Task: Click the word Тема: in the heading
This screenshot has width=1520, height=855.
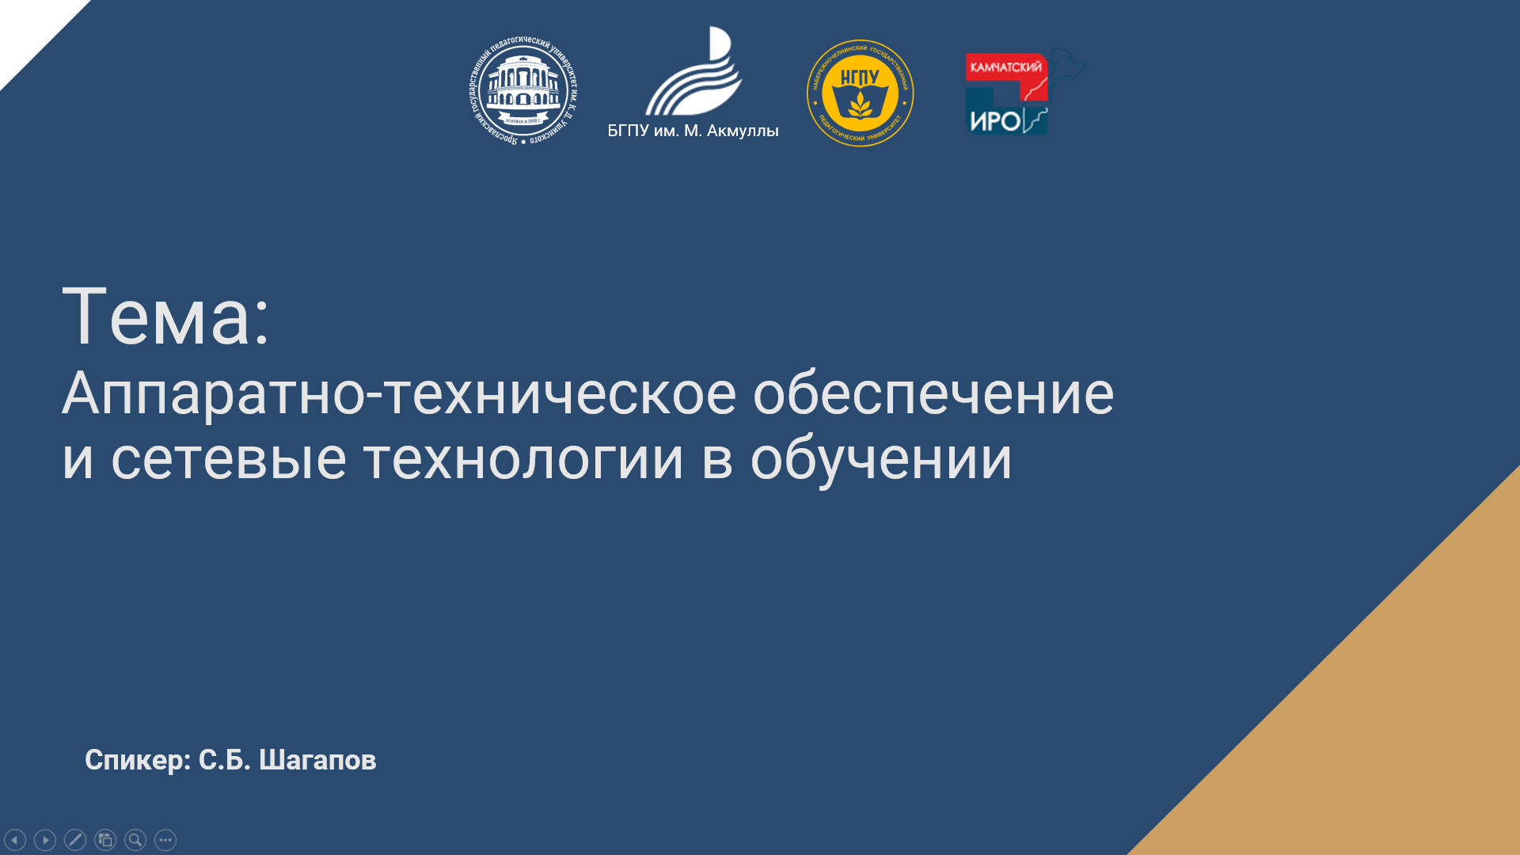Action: [x=166, y=317]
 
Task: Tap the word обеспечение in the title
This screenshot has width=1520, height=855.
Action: [x=933, y=393]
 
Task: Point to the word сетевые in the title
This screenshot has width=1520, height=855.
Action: [x=228, y=459]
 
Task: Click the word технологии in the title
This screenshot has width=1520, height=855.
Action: [x=522, y=459]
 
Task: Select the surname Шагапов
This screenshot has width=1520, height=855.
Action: [x=317, y=760]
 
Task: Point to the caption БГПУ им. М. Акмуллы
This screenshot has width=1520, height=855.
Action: [x=693, y=131]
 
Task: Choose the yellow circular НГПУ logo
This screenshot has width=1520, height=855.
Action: [x=860, y=93]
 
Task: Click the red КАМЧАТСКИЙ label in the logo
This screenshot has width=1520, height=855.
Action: [x=1005, y=67]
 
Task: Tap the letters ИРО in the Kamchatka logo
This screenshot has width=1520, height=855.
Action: [x=994, y=121]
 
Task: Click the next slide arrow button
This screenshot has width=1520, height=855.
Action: [x=45, y=840]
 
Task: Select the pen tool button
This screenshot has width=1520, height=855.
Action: [x=75, y=840]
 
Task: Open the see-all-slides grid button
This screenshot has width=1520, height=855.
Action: [x=105, y=840]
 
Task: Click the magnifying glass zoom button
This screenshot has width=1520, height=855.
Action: [x=135, y=840]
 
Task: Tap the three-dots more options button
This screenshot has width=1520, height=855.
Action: [x=165, y=840]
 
